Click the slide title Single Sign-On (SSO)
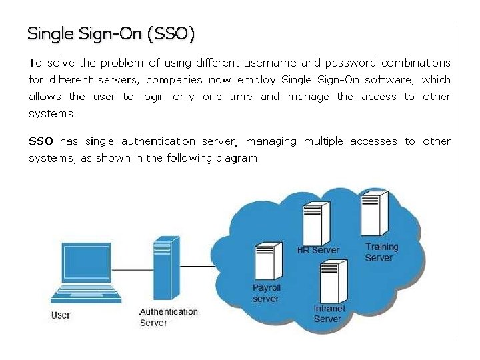point(111,34)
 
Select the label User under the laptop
point(61,315)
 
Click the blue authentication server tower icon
point(166,269)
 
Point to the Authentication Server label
point(169,317)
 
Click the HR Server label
point(318,250)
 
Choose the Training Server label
point(381,252)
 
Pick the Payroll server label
point(267,293)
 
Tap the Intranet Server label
point(329,313)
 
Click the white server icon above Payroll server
point(266,261)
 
